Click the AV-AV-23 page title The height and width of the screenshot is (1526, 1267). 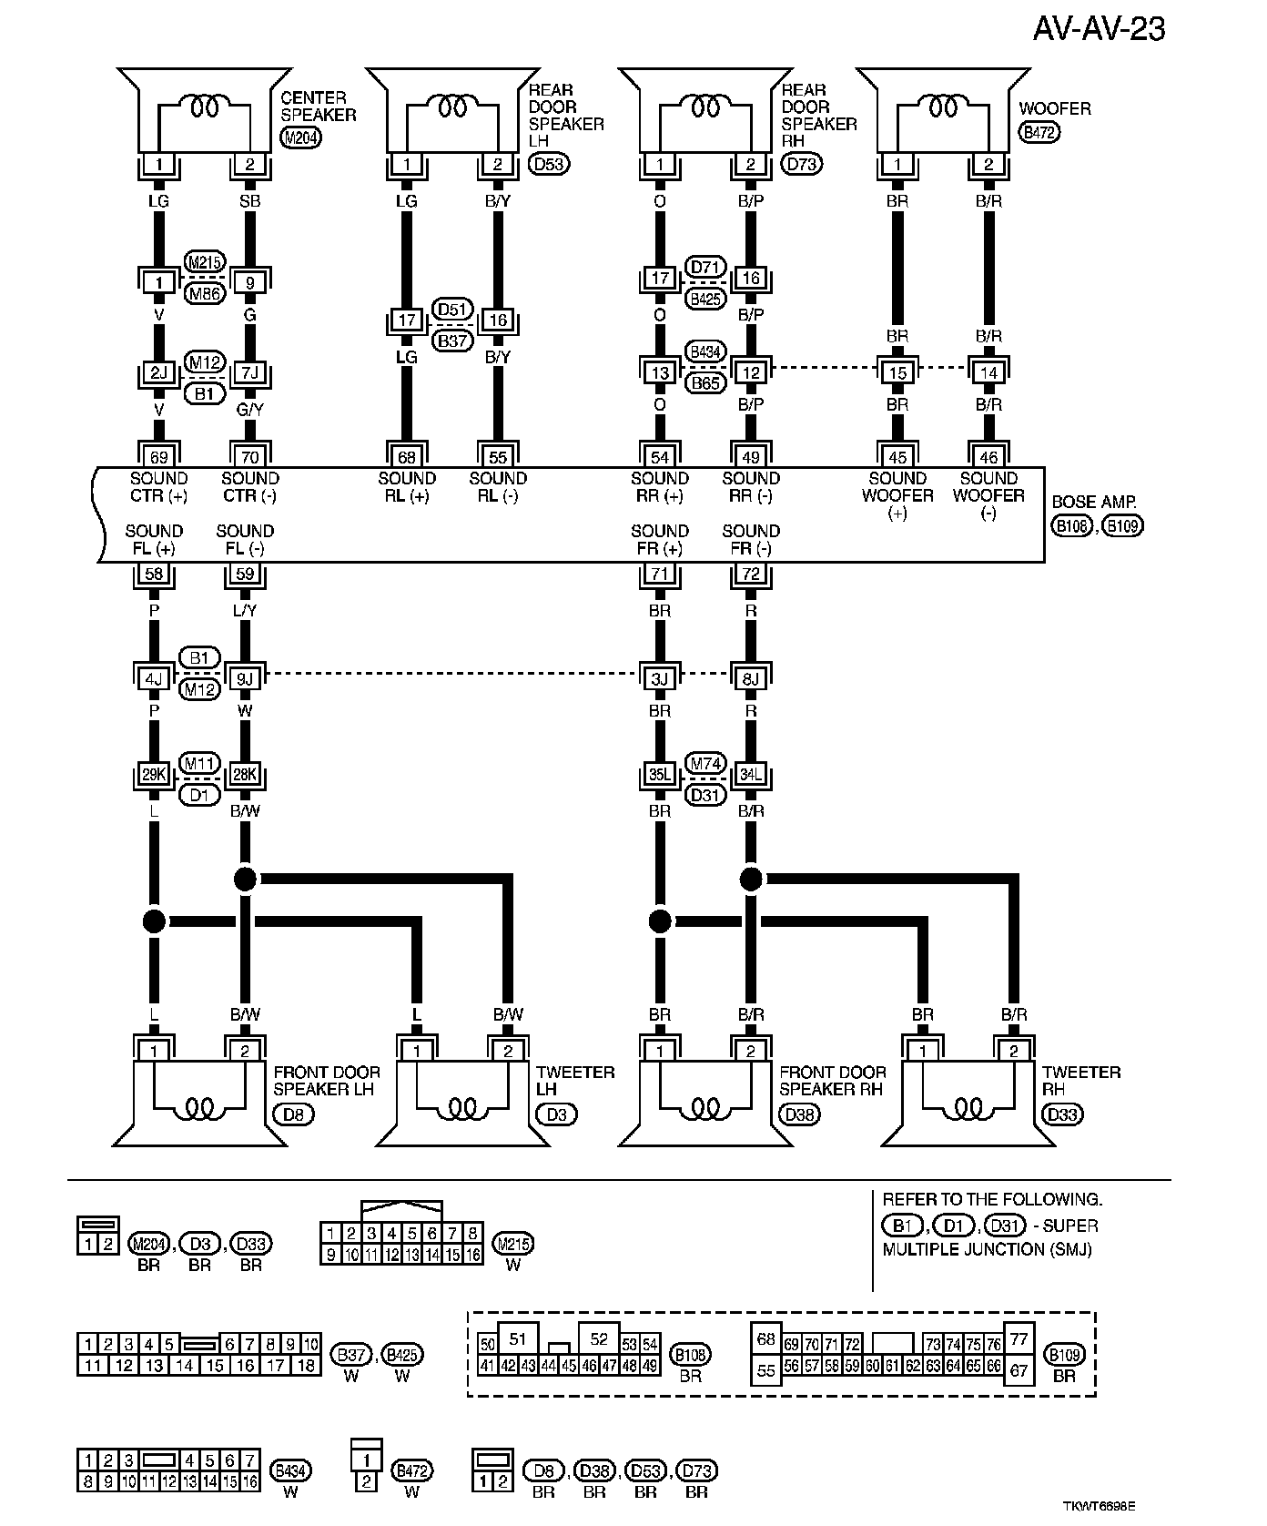point(1099,29)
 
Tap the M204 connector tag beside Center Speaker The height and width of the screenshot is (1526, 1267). point(299,138)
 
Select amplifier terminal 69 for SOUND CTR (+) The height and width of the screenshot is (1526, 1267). point(159,457)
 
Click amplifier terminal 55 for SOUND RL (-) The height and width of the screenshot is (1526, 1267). point(498,457)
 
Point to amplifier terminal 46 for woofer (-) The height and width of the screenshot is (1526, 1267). point(988,457)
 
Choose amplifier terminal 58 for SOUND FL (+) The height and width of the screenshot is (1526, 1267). point(154,575)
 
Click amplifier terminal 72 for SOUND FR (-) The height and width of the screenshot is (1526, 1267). point(751,575)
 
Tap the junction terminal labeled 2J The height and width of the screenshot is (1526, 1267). point(159,372)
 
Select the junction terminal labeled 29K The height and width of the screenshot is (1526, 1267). point(154,775)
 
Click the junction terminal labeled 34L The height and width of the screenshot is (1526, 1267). point(751,775)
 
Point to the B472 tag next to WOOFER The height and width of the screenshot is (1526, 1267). point(1039,133)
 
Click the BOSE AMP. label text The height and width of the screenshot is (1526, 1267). point(1094,503)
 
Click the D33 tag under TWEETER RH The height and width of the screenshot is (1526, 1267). point(1062,1114)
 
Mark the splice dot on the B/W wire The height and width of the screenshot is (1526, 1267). point(245,879)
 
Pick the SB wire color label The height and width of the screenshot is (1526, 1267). point(250,201)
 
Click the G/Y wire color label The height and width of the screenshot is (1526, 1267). point(250,411)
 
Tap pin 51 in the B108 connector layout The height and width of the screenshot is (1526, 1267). point(517,1338)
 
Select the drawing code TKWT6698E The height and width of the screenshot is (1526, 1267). point(1099,1507)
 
